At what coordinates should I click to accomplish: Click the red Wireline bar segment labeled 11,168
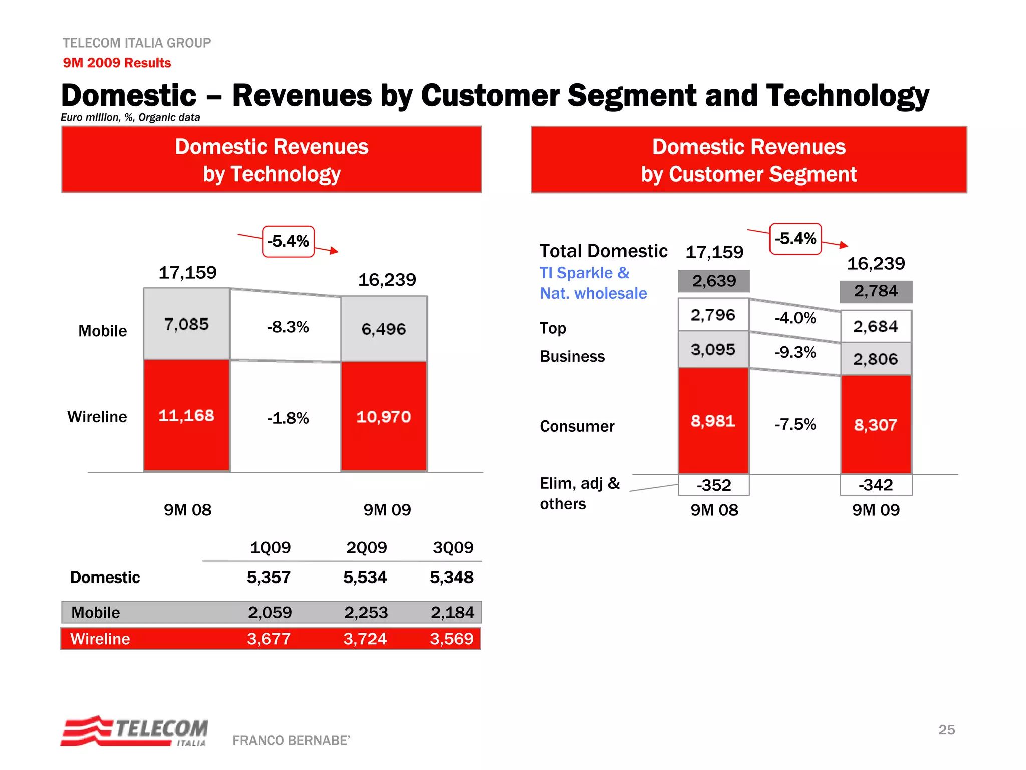[x=186, y=416]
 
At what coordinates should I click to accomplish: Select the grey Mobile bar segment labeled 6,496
[x=384, y=329]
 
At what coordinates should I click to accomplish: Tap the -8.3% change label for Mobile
[x=288, y=327]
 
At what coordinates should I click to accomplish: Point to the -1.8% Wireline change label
[x=288, y=418]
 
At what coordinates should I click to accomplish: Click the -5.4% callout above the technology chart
[x=288, y=241]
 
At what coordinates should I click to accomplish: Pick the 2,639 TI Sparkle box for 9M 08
[x=714, y=281]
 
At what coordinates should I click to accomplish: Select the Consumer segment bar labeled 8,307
[x=876, y=425]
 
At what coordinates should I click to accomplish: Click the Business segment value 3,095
[x=713, y=349]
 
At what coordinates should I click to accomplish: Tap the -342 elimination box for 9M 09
[x=876, y=485]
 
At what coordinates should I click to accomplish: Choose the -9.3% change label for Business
[x=795, y=352]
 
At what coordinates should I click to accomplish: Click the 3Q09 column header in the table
[x=453, y=547]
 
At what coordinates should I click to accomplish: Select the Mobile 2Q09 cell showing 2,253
[x=366, y=612]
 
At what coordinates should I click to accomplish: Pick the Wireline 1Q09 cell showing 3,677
[x=269, y=639]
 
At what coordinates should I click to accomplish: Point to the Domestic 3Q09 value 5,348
[x=451, y=577]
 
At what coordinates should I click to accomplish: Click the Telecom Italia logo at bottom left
[x=134, y=731]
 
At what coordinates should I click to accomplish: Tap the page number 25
[x=946, y=729]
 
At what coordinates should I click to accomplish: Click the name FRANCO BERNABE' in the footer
[x=291, y=740]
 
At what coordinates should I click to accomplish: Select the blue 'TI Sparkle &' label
[x=584, y=273]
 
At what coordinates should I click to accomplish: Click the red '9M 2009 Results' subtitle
[x=117, y=63]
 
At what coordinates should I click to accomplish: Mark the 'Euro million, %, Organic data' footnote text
[x=130, y=117]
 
